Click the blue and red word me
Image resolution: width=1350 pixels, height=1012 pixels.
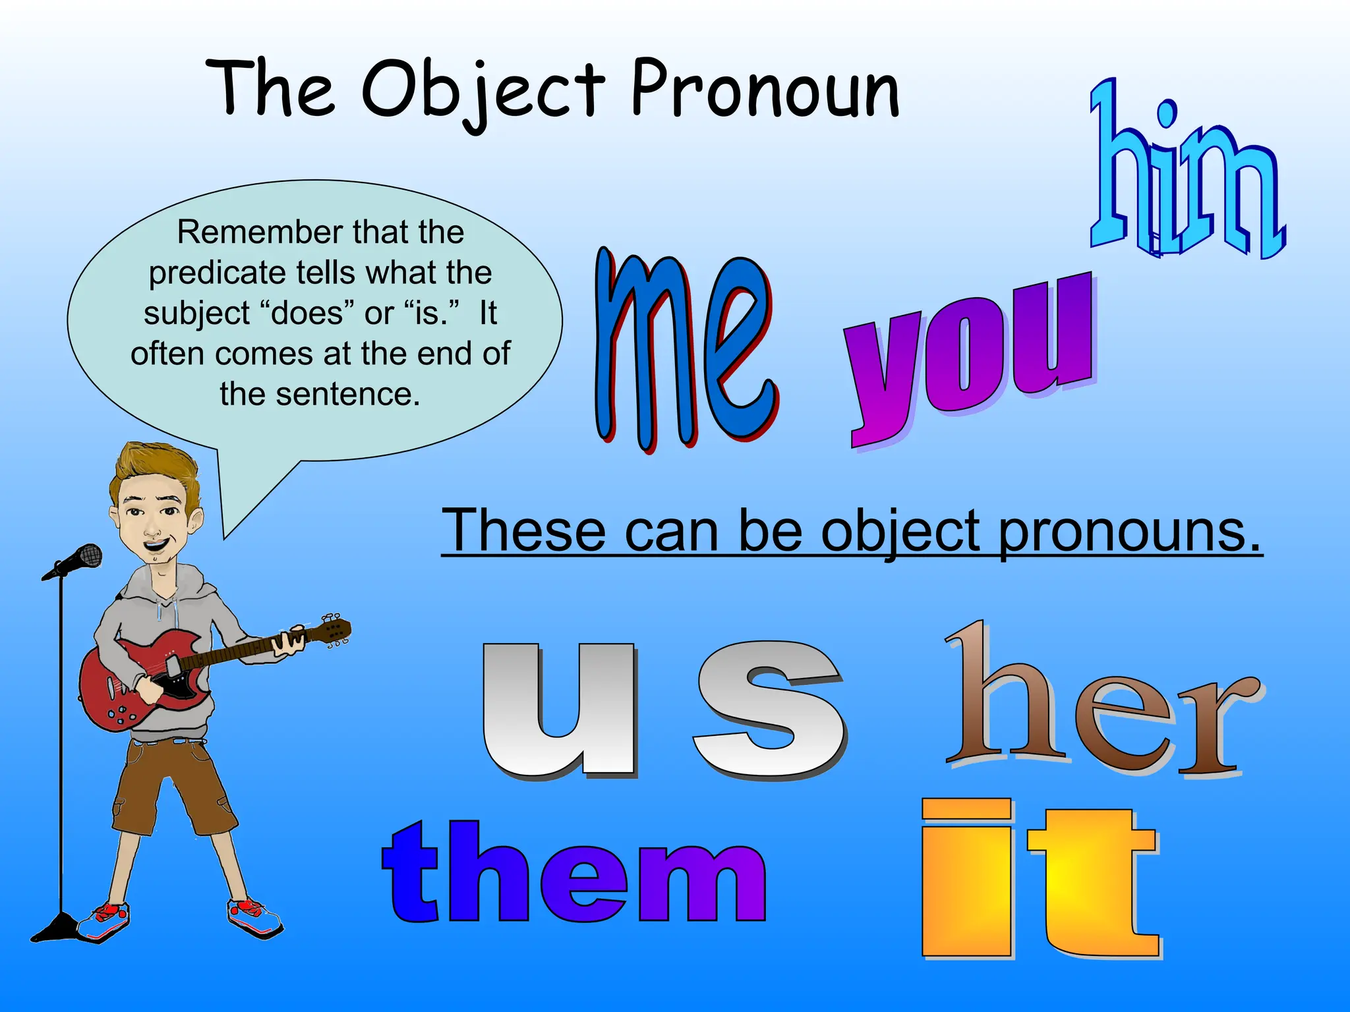686,349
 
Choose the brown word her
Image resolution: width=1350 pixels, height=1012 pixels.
1101,705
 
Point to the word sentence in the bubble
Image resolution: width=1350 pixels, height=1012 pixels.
347,394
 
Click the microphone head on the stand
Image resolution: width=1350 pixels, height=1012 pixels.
86,557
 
